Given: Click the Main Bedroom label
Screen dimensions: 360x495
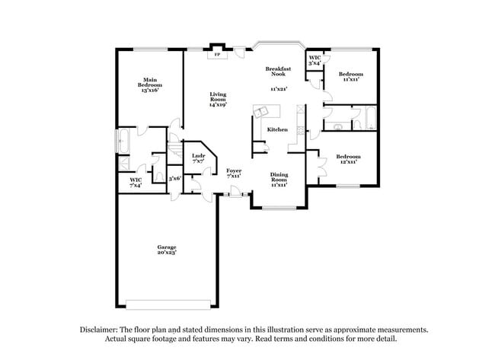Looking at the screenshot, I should click(x=149, y=84).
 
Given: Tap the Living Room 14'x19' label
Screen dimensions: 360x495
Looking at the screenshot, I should click(x=219, y=99).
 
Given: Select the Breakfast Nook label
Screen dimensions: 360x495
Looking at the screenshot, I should click(x=279, y=72).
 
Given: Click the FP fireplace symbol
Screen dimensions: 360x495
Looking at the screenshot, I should click(x=218, y=55).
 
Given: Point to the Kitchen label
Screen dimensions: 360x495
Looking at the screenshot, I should click(x=277, y=130).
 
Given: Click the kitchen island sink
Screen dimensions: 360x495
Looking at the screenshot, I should click(x=263, y=113).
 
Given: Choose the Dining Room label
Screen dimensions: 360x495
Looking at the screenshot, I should click(x=279, y=179).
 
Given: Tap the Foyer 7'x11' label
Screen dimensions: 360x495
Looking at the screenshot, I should click(x=234, y=173).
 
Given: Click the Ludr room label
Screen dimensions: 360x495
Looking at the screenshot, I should click(x=198, y=158).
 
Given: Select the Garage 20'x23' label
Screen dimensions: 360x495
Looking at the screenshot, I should click(x=167, y=250).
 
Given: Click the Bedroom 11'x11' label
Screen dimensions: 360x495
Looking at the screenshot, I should click(x=351, y=76).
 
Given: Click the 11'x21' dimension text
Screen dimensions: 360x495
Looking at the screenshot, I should click(x=279, y=89).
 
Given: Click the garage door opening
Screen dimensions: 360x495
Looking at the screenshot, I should click(x=167, y=304).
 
